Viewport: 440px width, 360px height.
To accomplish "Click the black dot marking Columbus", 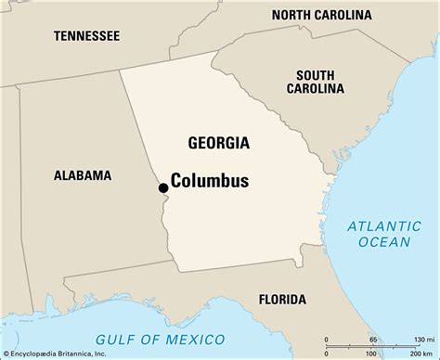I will tap(163, 187).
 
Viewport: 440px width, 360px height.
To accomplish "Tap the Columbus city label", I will tap(210, 181).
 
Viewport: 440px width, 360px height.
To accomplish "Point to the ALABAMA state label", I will tap(82, 174).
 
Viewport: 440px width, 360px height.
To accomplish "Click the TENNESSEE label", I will tap(86, 35).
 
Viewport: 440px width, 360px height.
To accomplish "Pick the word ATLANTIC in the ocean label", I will tap(380, 225).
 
